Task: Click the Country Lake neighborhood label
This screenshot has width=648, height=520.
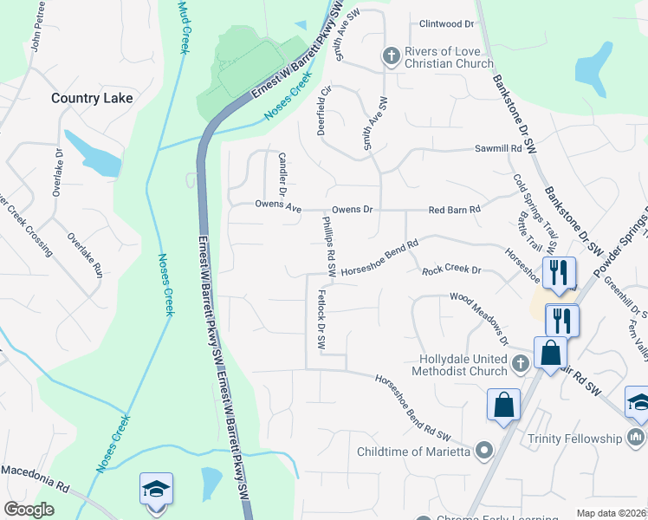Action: (x=92, y=98)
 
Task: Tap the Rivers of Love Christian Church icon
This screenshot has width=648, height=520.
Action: (x=391, y=56)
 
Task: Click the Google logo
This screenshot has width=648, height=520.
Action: (x=29, y=510)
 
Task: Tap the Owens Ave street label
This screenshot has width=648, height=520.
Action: (x=277, y=207)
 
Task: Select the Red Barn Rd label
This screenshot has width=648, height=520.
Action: (x=455, y=211)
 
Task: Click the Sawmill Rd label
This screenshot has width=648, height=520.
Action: (x=498, y=149)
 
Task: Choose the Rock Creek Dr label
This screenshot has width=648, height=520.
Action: (x=450, y=271)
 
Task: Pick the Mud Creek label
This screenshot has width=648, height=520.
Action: (x=183, y=26)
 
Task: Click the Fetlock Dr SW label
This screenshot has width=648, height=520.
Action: (x=320, y=319)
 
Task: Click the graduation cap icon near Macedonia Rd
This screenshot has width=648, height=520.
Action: (x=156, y=489)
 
